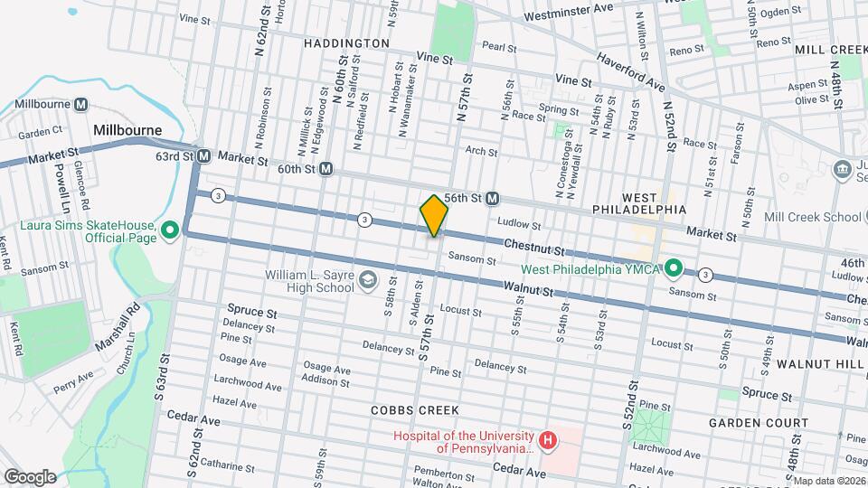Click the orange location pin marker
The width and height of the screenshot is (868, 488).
coord(434,216)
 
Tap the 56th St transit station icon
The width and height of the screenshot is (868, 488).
coord(493,198)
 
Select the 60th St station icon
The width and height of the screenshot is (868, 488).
coord(326,169)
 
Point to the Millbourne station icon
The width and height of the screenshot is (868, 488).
coord(80,105)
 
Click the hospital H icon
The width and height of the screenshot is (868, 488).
coord(546,441)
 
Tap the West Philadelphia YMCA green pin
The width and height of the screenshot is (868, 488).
coord(674,267)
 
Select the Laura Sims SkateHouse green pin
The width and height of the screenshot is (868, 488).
coord(168,232)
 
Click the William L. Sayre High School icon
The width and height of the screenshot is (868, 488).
coord(367,281)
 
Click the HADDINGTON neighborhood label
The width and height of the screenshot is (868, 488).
coord(346,42)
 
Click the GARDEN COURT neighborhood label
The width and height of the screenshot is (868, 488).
coord(758,423)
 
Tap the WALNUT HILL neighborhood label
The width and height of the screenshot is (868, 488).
coord(817,363)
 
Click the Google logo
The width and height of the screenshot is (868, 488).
coord(30,476)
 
